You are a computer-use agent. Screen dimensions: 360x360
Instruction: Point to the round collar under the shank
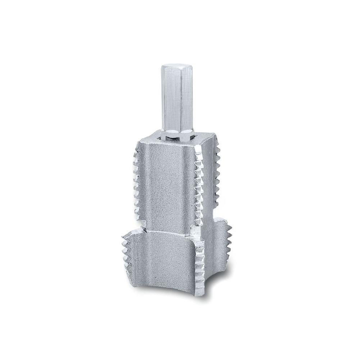[x=177, y=135]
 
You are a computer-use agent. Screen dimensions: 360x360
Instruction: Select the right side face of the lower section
[x=216, y=259]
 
